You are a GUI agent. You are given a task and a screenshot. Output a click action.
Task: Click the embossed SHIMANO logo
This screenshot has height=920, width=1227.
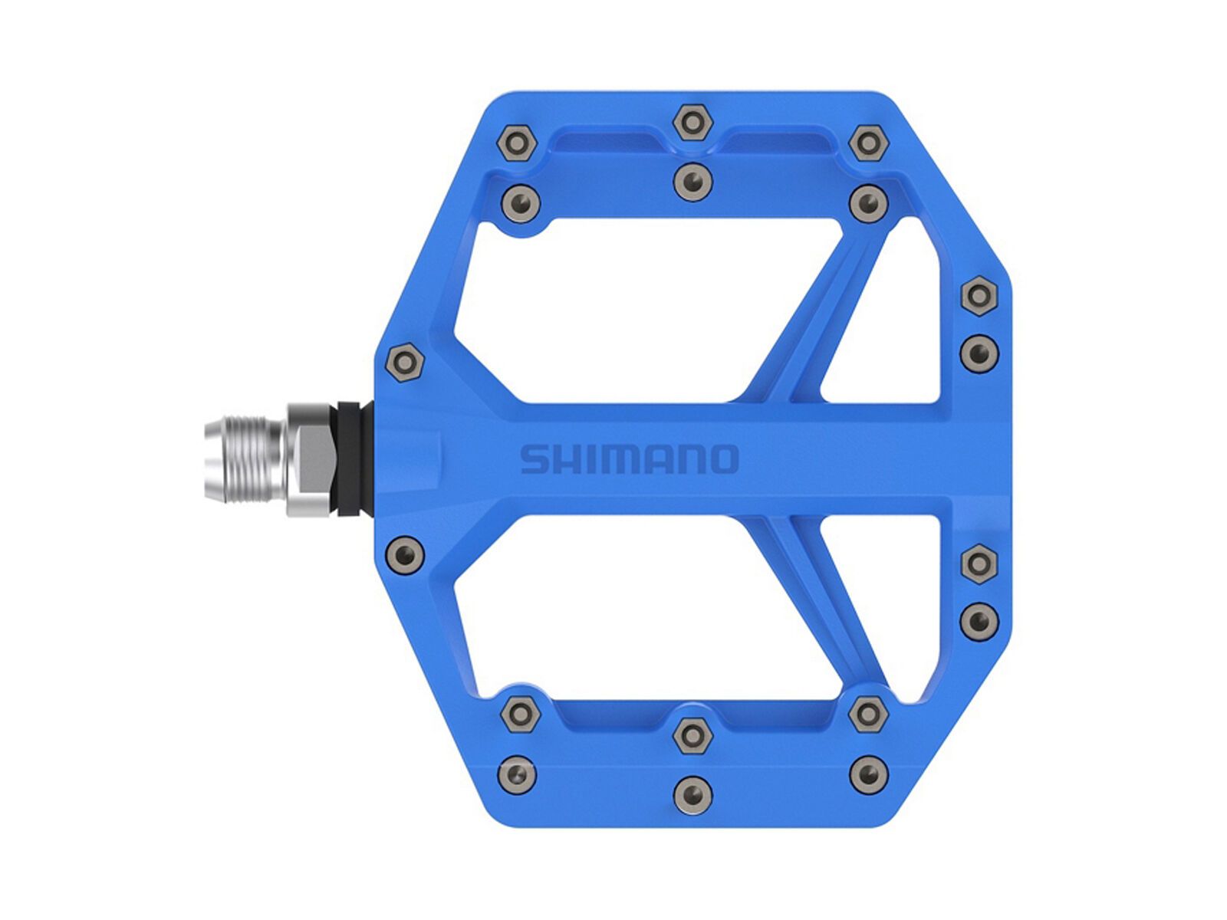click(x=629, y=459)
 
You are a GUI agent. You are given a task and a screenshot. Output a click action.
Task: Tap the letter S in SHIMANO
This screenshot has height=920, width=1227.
click(x=535, y=459)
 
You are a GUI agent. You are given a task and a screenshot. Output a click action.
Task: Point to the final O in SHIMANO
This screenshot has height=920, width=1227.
click(x=723, y=459)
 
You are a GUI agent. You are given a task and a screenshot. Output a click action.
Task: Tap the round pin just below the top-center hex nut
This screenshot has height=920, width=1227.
click(x=692, y=182)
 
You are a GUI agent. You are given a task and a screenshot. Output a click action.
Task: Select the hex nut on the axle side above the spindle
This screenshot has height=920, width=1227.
click(x=404, y=362)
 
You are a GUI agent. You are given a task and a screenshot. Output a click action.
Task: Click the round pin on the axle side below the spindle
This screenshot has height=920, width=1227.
click(x=404, y=552)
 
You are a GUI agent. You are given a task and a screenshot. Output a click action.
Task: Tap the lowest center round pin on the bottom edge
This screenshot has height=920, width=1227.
click(x=692, y=793)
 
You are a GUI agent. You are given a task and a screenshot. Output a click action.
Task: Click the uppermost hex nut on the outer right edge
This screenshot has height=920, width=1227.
click(x=979, y=296)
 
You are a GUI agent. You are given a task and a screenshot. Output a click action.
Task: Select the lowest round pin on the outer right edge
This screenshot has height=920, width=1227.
click(x=979, y=618)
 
